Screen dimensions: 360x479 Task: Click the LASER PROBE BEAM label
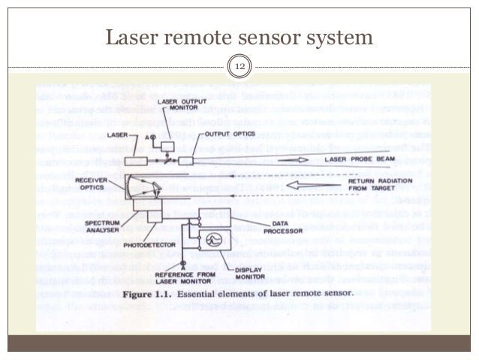click(361, 159)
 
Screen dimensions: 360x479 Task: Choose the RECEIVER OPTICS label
click(94, 186)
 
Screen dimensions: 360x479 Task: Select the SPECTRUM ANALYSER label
click(105, 229)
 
